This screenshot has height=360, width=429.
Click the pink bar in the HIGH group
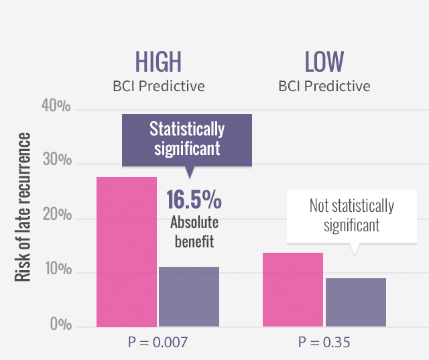point(127,251)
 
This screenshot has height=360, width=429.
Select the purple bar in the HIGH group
point(189,296)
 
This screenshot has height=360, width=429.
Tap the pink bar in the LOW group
point(293,290)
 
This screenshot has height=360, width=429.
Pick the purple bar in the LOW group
point(356,302)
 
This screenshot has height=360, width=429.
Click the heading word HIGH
point(158,62)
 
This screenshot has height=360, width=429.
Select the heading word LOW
point(324,62)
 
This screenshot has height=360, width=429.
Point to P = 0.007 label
point(158,343)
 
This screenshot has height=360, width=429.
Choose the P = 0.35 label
point(324,343)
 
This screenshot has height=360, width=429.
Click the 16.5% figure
point(194,200)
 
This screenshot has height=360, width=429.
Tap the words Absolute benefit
point(194,232)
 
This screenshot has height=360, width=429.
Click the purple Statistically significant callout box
point(187,139)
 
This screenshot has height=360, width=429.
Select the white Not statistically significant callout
point(351,215)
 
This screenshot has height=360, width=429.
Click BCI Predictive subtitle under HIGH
point(158,86)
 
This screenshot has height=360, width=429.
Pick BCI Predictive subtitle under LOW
point(324,86)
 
